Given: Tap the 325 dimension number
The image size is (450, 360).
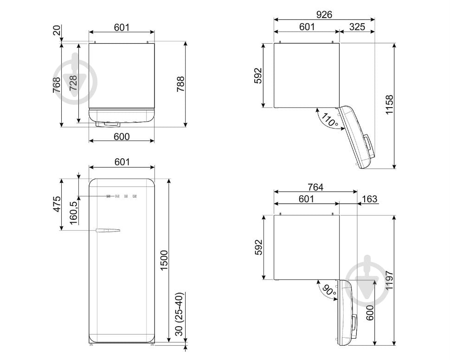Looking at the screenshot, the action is pyautogui.click(x=357, y=27).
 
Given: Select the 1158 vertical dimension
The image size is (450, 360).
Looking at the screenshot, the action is pyautogui.click(x=389, y=105).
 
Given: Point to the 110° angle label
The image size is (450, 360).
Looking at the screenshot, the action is pyautogui.click(x=329, y=120).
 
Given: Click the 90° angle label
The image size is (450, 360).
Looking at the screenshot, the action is pyautogui.click(x=329, y=290).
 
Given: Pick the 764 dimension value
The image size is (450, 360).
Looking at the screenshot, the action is pyautogui.click(x=315, y=187).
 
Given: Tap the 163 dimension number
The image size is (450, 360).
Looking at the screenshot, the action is pyautogui.click(x=369, y=199).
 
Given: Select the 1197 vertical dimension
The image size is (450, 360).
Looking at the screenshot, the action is pyautogui.click(x=389, y=280).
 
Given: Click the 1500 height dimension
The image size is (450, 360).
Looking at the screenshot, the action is pyautogui.click(x=164, y=260).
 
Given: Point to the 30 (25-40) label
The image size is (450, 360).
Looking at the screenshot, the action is pyautogui.click(x=179, y=315).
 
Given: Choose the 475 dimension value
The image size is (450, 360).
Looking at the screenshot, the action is pyautogui.click(x=57, y=204).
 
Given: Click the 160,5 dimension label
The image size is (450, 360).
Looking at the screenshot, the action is pyautogui.click(x=73, y=213).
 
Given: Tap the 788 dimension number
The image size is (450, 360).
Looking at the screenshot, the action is pyautogui.click(x=180, y=84).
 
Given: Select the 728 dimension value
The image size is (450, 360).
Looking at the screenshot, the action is pyautogui.click(x=73, y=83).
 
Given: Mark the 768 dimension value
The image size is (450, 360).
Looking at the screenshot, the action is pyautogui.click(x=57, y=85).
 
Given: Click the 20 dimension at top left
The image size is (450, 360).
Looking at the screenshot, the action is pyautogui.click(x=57, y=30).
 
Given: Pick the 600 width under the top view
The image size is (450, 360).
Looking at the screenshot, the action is pyautogui.click(x=122, y=136).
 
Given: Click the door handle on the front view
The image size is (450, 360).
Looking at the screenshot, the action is pyautogui.click(x=108, y=230).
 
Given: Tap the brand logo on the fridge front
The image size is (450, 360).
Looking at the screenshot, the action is pyautogui.click(x=122, y=196).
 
